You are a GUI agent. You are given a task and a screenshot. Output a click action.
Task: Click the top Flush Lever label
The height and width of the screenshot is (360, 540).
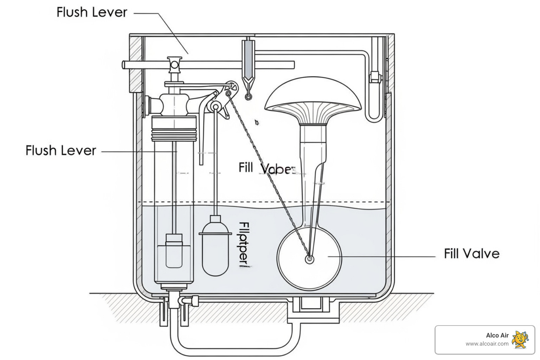[91, 12]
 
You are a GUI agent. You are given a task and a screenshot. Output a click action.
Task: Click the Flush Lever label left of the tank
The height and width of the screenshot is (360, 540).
[60, 150]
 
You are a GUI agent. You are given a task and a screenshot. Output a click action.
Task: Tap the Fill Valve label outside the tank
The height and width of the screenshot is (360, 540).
[471, 253]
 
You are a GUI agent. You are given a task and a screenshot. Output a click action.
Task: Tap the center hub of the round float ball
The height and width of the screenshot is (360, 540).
[309, 259]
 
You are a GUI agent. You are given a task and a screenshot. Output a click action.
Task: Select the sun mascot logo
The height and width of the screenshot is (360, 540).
[520, 340]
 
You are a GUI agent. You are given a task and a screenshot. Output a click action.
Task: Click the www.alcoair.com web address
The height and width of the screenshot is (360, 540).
[487, 344]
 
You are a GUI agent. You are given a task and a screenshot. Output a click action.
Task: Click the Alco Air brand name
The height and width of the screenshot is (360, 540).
[497, 335]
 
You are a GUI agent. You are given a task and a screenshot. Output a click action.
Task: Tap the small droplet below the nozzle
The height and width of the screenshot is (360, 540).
[257, 122]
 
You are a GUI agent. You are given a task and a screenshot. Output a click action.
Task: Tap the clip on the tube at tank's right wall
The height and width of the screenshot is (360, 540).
[375, 77]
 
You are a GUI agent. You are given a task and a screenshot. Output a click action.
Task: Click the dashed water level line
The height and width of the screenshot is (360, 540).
[264, 202]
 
